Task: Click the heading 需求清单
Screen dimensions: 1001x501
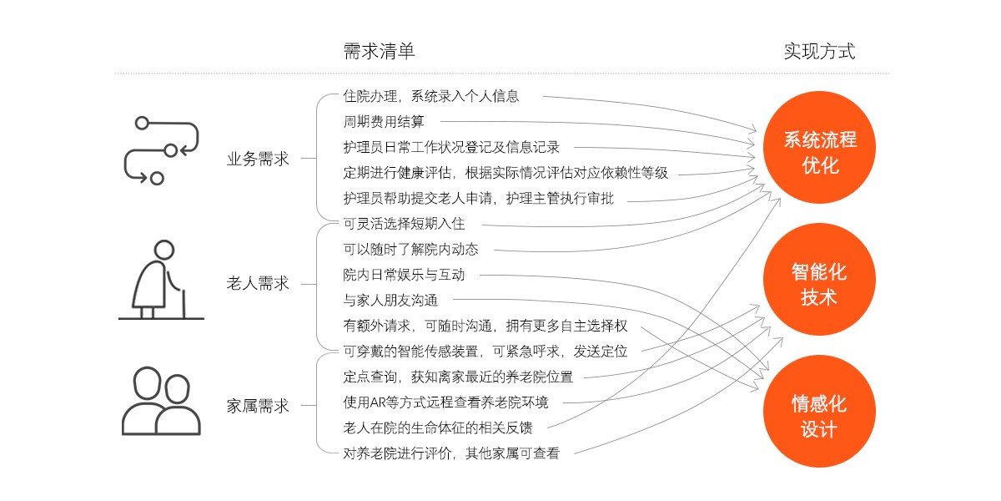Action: pyautogui.click(x=379, y=51)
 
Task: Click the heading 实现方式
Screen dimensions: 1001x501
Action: pyautogui.click(x=819, y=51)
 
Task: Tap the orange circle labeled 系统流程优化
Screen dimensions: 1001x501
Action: pyautogui.click(x=819, y=147)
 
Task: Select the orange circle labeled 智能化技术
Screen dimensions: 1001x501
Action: pyautogui.click(x=819, y=279)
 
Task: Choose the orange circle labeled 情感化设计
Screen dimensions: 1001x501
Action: pyautogui.click(x=819, y=411)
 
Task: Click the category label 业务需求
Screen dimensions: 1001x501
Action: pyautogui.click(x=258, y=159)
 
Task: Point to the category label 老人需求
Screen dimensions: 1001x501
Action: pyautogui.click(x=258, y=283)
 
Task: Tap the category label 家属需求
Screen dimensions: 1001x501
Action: pyautogui.click(x=258, y=406)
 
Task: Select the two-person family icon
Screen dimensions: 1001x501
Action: pyautogui.click(x=161, y=401)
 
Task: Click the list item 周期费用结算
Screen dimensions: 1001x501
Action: pyautogui.click(x=384, y=122)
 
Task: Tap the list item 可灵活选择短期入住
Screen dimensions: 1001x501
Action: pyautogui.click(x=404, y=224)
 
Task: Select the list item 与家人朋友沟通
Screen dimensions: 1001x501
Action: pyautogui.click(x=390, y=300)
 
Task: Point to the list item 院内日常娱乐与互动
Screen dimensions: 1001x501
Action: pyautogui.click(x=404, y=275)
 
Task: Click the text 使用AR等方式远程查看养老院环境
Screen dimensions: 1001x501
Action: pyautogui.click(x=445, y=402)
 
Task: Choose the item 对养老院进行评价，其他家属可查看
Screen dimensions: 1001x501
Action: pyautogui.click(x=451, y=453)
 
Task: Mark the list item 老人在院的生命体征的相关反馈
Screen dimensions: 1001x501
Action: pyautogui.click(x=438, y=428)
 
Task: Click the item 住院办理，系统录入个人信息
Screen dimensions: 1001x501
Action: pyautogui.click(x=431, y=96)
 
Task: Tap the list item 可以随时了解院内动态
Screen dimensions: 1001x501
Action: pyautogui.click(x=410, y=249)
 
